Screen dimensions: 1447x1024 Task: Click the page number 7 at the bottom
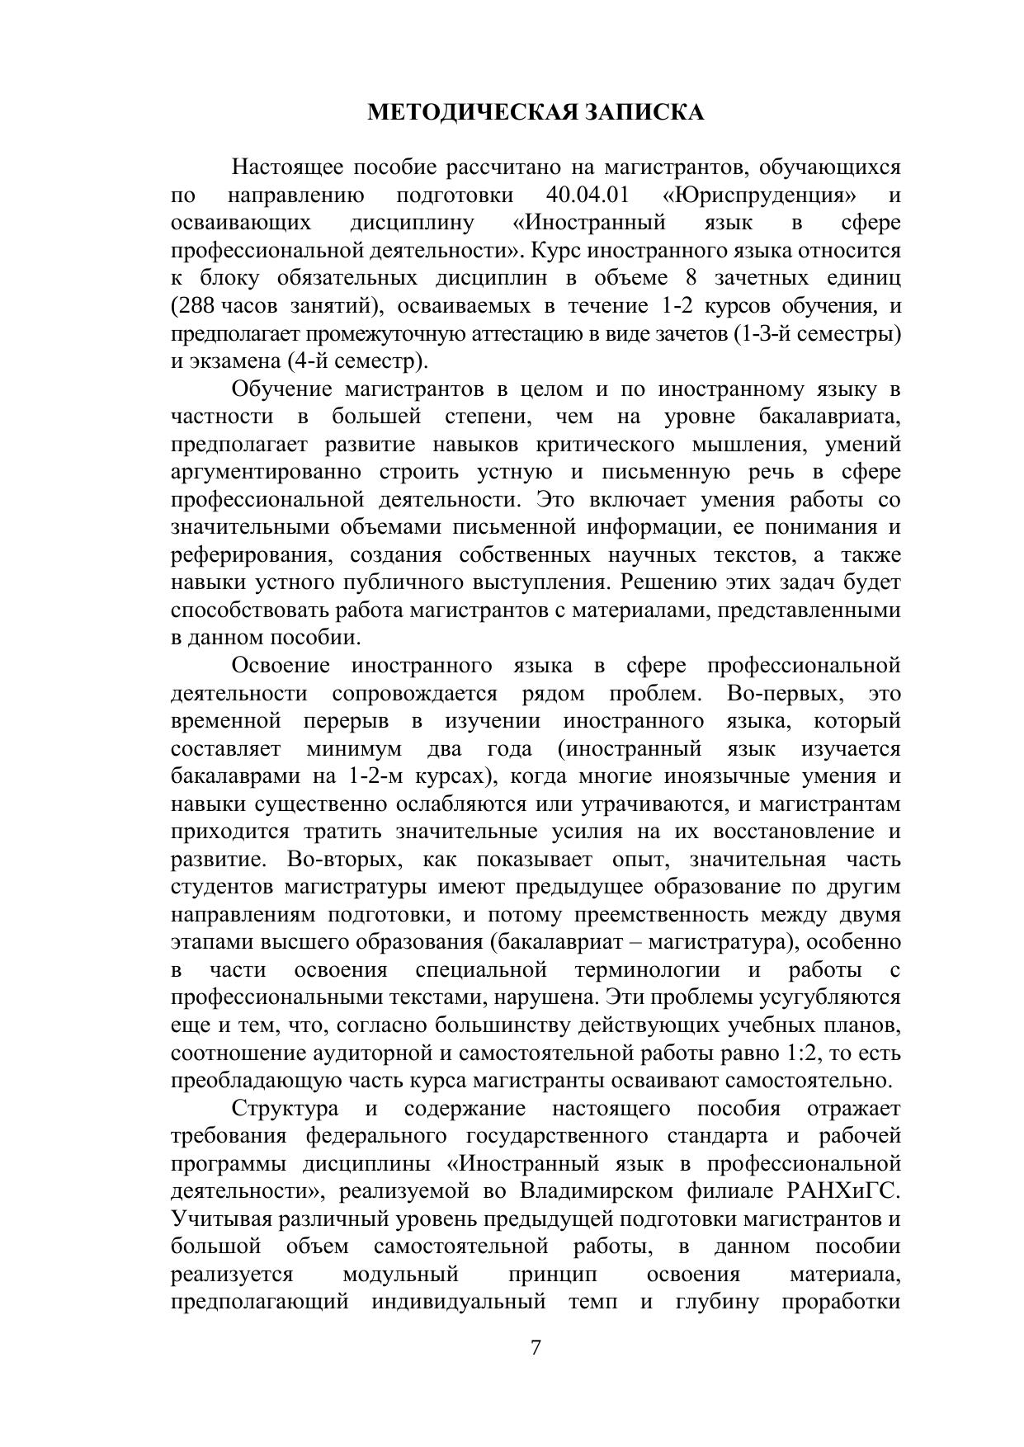[x=536, y=1347]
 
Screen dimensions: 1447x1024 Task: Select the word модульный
[x=400, y=1274]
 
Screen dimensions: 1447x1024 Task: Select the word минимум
[x=354, y=748]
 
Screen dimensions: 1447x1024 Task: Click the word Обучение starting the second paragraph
[x=281, y=389]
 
